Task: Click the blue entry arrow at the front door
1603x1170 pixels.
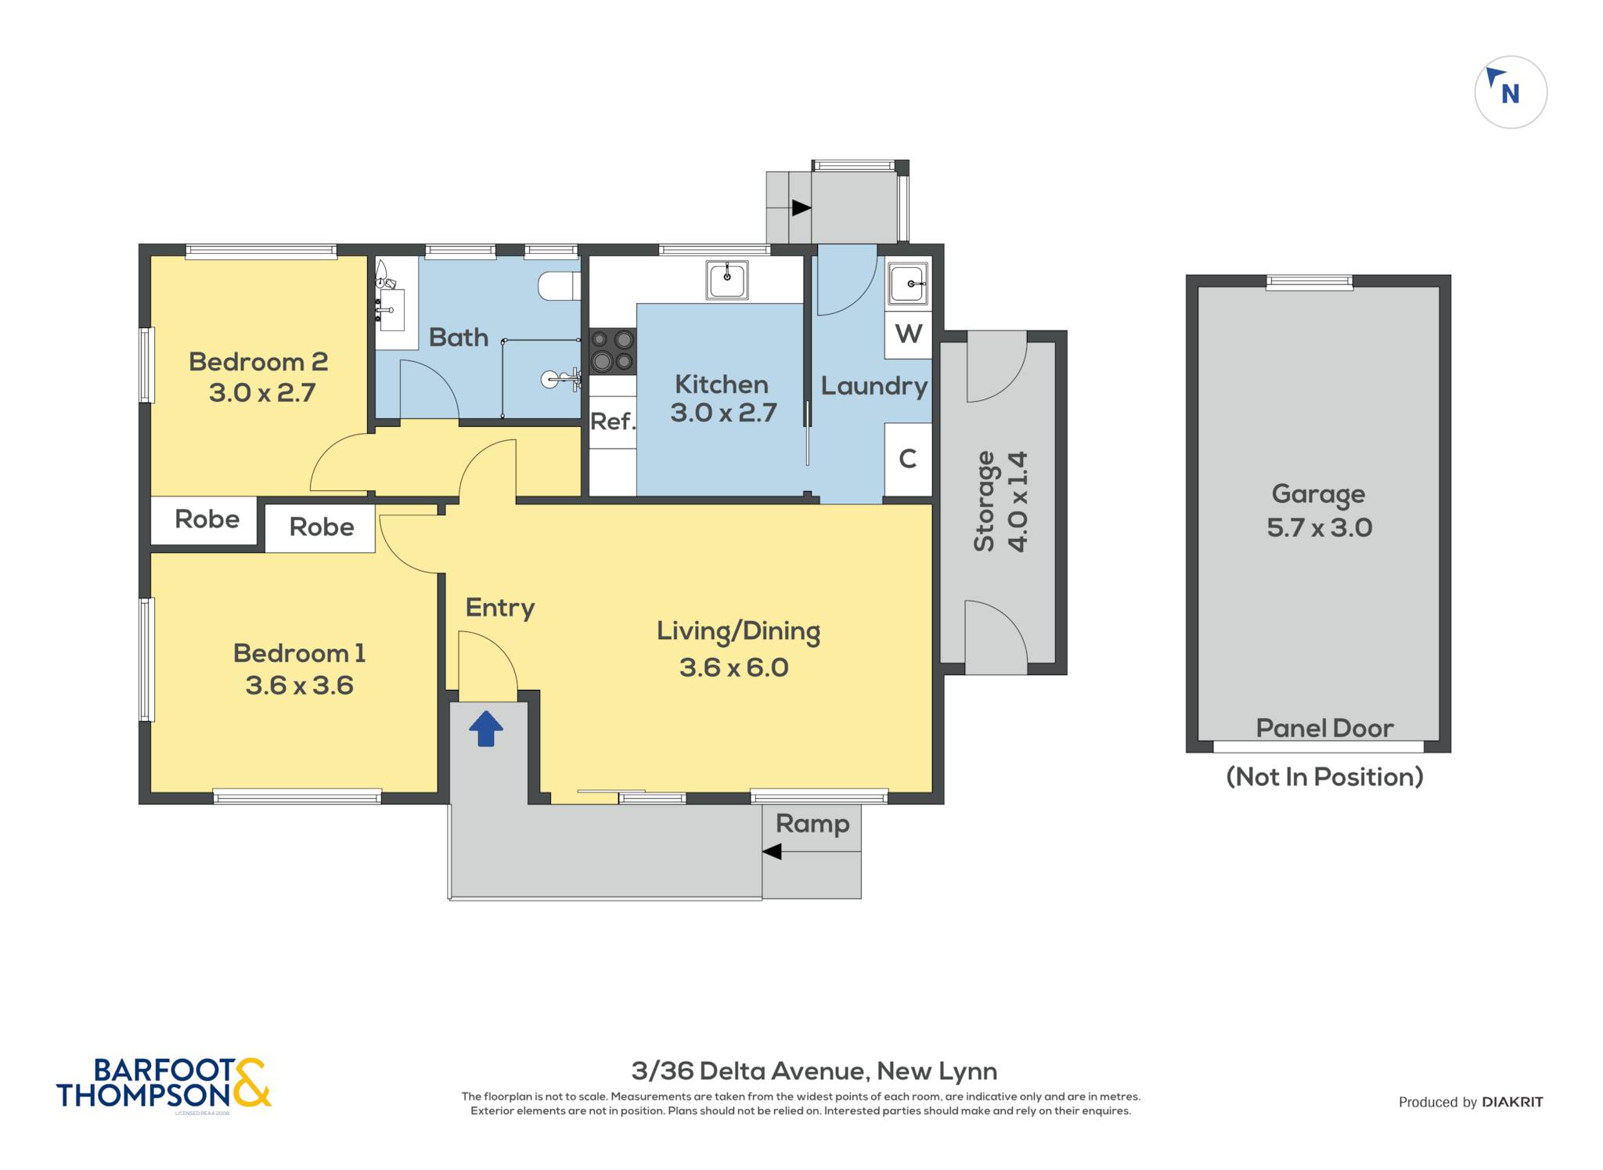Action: coord(486,728)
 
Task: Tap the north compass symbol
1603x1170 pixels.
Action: coord(1511,92)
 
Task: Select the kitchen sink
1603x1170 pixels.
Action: coord(727,280)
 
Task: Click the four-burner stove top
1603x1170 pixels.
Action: coord(612,351)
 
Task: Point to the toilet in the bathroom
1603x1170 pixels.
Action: coord(559,286)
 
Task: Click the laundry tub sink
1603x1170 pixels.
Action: coord(908,283)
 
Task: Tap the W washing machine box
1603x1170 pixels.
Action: coord(908,334)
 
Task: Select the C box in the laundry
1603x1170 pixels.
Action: coord(908,459)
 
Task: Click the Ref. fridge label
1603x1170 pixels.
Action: coord(613,421)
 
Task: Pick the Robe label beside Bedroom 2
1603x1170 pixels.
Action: coord(207,518)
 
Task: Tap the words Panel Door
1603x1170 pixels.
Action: coord(1324,728)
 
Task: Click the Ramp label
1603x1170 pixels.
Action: coord(812,824)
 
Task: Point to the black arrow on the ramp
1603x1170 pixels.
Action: coord(772,851)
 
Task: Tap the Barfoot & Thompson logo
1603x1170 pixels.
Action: coord(164,1083)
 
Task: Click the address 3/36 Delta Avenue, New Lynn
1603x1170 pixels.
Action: coord(814,1071)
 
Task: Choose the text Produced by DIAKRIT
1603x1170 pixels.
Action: coord(1471,1102)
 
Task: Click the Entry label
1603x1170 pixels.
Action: coord(500,608)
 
